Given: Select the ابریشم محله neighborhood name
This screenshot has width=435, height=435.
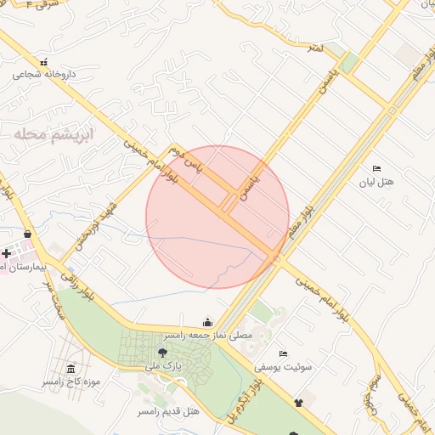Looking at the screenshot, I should [x=53, y=133].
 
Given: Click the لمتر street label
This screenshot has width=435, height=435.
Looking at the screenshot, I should [x=316, y=48].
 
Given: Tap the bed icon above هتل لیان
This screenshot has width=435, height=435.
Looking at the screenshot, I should [x=377, y=168].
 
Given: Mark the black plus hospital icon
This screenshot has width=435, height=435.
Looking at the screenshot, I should [x=7, y=252].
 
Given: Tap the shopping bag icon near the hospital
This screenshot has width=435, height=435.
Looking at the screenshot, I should [x=28, y=234].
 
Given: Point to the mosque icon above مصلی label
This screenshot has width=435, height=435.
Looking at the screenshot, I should [x=208, y=322].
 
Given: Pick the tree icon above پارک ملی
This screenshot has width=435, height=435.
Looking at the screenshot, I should [x=162, y=352].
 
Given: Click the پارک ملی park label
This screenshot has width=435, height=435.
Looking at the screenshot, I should [x=163, y=366].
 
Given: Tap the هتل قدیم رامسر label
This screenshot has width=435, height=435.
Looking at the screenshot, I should [x=168, y=412].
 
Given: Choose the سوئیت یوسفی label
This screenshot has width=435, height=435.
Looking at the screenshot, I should [x=283, y=367].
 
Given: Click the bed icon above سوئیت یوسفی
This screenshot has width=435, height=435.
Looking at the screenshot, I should [x=283, y=353].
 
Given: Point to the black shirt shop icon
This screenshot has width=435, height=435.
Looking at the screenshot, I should [x=298, y=403].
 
